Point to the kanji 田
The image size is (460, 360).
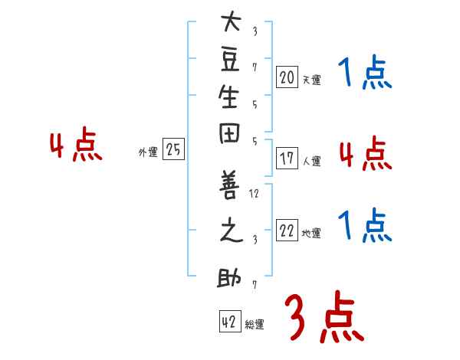tap(231, 141)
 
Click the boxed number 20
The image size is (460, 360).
tap(287, 76)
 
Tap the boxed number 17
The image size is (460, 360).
tap(287, 159)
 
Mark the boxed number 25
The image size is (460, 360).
tap(173, 150)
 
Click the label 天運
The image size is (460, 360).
tap(311, 80)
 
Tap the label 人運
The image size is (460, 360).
tap(311, 162)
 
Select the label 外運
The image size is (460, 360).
tap(147, 153)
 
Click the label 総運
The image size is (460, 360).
tap(255, 325)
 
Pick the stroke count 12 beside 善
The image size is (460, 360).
tap(255, 195)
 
